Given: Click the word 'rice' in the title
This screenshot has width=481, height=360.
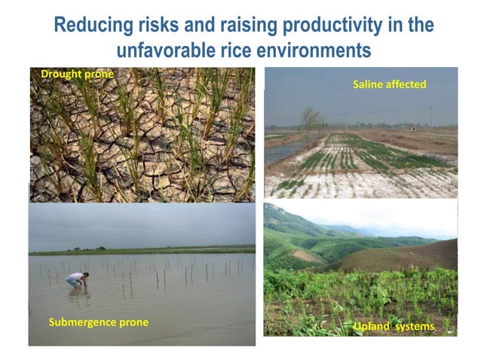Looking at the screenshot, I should [240, 52].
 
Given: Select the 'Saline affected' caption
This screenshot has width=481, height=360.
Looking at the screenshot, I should [389, 84].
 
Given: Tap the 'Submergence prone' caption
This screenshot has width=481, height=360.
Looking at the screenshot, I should [98, 322].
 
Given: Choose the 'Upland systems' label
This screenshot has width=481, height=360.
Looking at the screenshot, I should [394, 326].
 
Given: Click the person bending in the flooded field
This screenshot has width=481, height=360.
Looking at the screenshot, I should [76, 280].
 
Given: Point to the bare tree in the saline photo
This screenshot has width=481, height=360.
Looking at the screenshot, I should [309, 118].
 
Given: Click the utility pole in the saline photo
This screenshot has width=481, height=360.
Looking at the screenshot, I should [430, 117].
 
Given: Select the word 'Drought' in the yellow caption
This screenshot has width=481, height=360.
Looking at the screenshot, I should [59, 74].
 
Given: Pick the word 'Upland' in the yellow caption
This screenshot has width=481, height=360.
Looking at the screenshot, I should [372, 326].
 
